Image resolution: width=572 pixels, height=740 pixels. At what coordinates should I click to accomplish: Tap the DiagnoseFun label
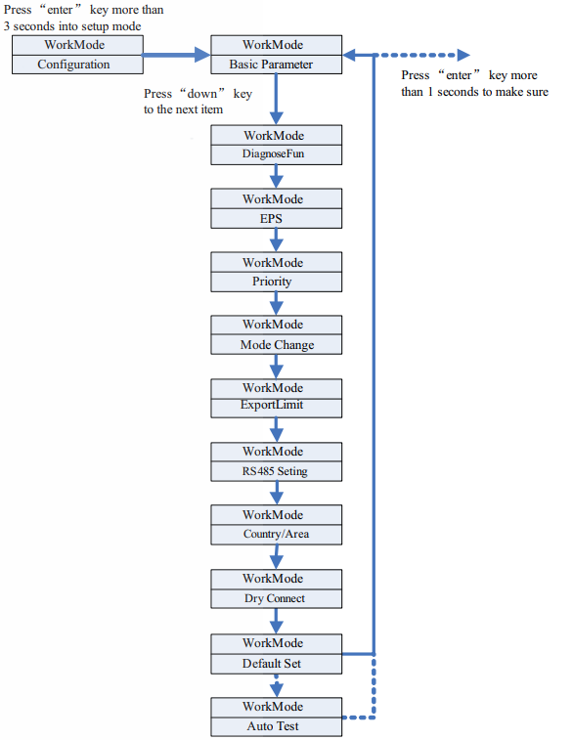point(273,153)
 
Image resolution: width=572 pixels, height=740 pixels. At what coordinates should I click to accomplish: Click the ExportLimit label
point(272,405)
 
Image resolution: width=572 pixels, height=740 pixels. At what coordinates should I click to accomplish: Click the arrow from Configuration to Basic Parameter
point(177,55)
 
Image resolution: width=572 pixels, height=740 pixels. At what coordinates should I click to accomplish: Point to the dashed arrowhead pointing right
point(463,55)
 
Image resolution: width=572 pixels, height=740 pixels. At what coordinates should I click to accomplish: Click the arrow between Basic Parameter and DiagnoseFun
point(276,99)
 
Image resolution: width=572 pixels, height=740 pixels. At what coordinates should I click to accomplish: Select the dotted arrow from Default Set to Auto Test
point(276,685)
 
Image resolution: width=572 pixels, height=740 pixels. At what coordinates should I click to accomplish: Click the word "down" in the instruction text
point(202,94)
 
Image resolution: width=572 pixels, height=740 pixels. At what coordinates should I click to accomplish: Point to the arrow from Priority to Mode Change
point(276,303)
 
